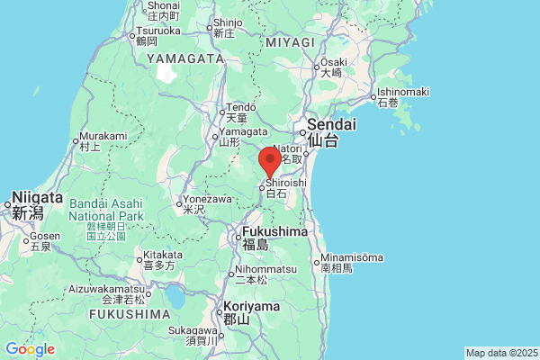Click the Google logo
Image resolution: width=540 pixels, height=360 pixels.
[30, 349]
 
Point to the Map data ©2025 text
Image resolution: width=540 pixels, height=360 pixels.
[501, 353]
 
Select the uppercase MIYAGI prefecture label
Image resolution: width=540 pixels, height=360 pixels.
[290, 42]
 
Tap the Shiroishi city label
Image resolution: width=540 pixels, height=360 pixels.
[285, 183]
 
